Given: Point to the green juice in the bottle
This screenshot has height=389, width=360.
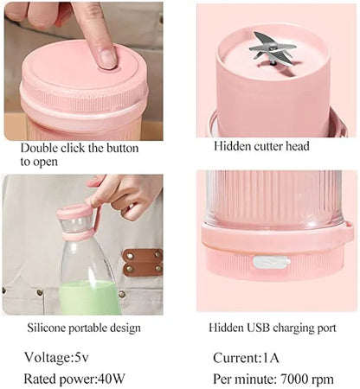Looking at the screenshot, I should tap(88, 298).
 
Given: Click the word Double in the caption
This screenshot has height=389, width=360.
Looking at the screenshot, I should tap(39, 147).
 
